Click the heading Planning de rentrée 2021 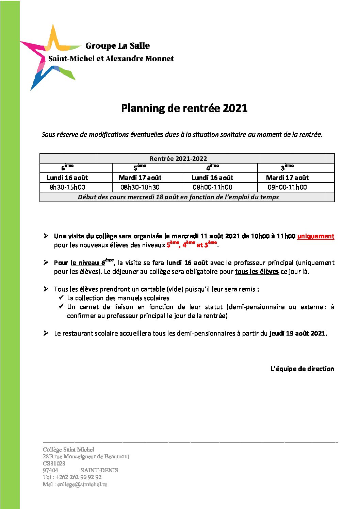(x=184, y=108)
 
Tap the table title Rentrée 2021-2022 (x=178, y=158)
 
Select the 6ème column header (x=67, y=168)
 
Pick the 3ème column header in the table (x=287, y=168)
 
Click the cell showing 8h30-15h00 (x=67, y=187)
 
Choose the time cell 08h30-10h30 (x=140, y=187)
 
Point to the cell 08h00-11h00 (x=213, y=187)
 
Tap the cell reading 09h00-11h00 (x=287, y=187)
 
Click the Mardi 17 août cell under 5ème (x=140, y=177)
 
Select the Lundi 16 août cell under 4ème (x=213, y=177)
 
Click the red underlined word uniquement (x=315, y=236)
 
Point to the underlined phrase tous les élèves (x=257, y=271)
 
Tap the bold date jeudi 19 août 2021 (x=298, y=333)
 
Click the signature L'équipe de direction (x=302, y=369)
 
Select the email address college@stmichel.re (x=82, y=484)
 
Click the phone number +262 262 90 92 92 (x=78, y=477)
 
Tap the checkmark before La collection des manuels (x=61, y=298)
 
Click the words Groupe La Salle (x=117, y=46)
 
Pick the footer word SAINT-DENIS (x=99, y=470)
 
